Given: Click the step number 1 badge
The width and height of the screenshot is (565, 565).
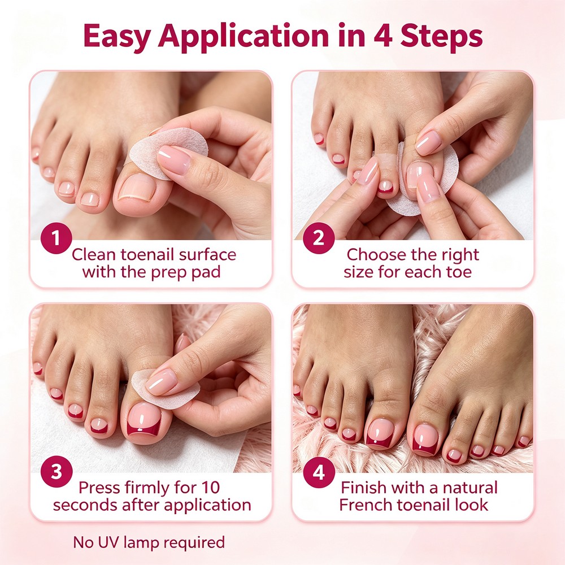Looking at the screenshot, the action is (x=56, y=238).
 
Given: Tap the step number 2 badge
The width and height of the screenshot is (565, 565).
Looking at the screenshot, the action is (x=319, y=238).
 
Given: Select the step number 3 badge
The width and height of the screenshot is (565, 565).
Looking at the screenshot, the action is (x=56, y=471).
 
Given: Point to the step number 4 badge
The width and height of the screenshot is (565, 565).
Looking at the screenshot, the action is (x=319, y=472).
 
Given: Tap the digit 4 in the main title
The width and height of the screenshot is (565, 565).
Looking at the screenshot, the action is (x=383, y=35).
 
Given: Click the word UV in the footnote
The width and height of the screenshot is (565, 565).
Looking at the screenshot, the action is (x=110, y=542).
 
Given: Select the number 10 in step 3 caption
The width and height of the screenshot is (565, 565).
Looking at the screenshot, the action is (x=211, y=488).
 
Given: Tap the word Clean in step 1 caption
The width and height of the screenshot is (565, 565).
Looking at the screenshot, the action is (x=94, y=254).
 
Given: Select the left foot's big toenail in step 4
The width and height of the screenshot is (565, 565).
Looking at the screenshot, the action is (x=380, y=433).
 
